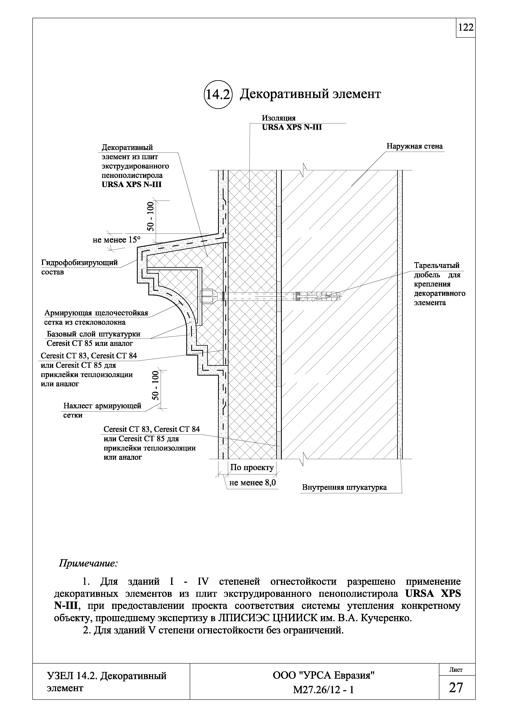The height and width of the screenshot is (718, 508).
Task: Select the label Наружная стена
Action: click(414, 146)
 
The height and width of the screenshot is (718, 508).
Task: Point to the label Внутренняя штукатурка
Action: click(344, 487)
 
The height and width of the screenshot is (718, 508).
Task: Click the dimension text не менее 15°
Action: click(116, 240)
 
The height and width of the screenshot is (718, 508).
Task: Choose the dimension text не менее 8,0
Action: click(252, 483)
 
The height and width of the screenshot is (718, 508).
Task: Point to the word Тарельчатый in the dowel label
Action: click(437, 265)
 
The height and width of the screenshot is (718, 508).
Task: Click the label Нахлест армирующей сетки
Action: click(102, 410)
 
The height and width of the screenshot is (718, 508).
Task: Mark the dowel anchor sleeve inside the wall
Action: click(318, 295)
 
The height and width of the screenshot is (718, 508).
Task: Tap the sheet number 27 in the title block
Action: click(456, 686)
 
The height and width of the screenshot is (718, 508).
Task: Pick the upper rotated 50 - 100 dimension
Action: click(151, 216)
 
